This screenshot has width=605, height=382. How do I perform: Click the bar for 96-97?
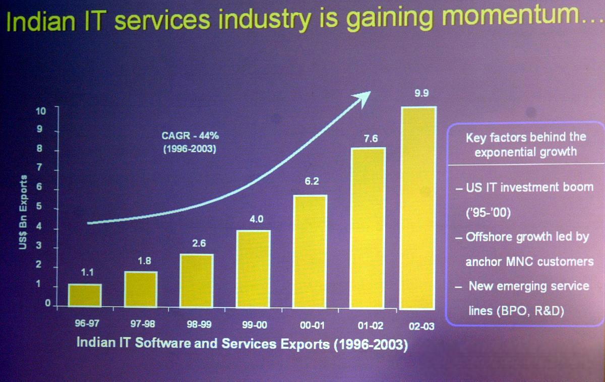pyautogui.click(x=85, y=295)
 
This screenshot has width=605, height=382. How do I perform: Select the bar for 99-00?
pyautogui.click(x=254, y=268)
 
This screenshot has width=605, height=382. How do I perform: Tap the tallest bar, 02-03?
pyautogui.click(x=417, y=208)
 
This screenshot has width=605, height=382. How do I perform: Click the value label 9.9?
pyautogui.click(x=421, y=94)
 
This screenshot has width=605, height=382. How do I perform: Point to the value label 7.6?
pyautogui.click(x=371, y=139)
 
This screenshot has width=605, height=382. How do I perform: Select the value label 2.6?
pyautogui.click(x=199, y=243)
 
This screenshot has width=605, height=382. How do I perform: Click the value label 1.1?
pyautogui.click(x=88, y=273)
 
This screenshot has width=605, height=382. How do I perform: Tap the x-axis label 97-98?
pyautogui.click(x=142, y=325)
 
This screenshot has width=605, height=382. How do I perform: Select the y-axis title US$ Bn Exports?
pyautogui.click(x=24, y=211)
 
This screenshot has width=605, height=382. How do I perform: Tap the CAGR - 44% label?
pyautogui.click(x=190, y=136)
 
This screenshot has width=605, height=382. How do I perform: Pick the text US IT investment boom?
pyautogui.click(x=529, y=187)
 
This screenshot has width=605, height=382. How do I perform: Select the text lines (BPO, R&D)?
pyautogui.click(x=516, y=310)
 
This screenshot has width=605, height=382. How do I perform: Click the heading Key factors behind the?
pyautogui.click(x=526, y=137)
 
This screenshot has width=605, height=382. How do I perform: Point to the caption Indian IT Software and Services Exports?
pyautogui.click(x=204, y=344)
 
